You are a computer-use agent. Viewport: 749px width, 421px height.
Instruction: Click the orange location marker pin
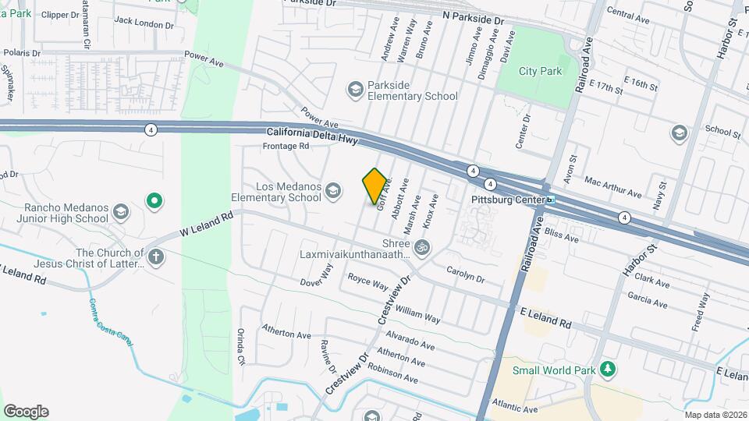[x=375, y=186]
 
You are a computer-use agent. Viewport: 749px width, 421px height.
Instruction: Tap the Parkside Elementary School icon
[x=356, y=90]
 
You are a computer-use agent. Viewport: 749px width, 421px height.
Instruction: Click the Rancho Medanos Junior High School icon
[x=120, y=212]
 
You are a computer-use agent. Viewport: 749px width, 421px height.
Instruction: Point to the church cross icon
[x=156, y=256]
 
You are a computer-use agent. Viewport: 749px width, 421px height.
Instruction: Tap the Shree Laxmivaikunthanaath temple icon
[x=422, y=247]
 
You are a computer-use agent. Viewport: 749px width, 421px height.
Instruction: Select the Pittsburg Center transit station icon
[x=551, y=200]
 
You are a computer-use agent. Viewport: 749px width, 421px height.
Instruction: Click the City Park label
[x=540, y=71]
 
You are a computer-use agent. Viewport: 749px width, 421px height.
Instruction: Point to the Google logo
[x=26, y=411]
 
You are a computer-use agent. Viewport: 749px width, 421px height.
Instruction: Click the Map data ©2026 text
[x=715, y=414]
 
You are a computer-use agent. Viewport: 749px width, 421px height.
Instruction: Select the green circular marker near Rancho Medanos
[x=154, y=203]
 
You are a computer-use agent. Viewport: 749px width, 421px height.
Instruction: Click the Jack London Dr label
[x=144, y=24]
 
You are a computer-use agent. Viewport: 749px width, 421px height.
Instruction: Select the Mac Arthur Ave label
[x=612, y=186]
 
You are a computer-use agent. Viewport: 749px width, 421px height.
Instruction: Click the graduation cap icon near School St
[x=679, y=133]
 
